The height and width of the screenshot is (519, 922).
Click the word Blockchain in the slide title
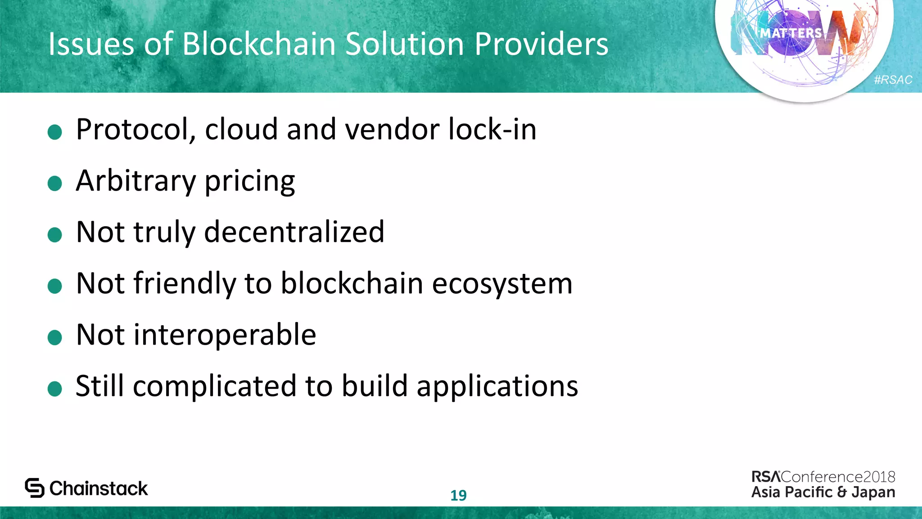tap(259, 44)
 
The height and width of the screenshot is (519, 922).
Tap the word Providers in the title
tap(541, 44)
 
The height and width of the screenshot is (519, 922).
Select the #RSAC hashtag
tap(893, 80)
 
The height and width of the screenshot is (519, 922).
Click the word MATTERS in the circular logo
tap(791, 33)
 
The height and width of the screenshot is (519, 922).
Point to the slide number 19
tap(458, 495)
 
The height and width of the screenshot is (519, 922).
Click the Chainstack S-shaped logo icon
tap(35, 488)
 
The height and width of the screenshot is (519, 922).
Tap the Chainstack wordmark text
tap(99, 488)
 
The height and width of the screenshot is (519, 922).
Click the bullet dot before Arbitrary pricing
tap(54, 183)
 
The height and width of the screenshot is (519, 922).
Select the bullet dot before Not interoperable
tap(54, 337)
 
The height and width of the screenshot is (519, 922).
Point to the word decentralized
tap(294, 232)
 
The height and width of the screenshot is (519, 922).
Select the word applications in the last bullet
tap(497, 387)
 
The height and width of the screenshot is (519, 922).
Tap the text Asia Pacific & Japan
tap(823, 492)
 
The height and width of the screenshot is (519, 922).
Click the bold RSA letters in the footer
tap(766, 477)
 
